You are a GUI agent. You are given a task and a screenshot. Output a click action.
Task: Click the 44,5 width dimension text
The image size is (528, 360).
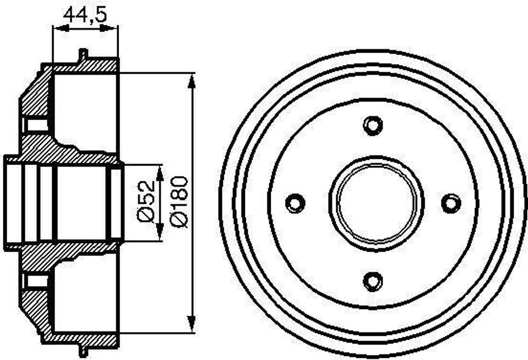(86, 14)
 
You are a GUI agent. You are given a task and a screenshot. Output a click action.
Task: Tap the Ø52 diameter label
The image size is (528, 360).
(146, 201)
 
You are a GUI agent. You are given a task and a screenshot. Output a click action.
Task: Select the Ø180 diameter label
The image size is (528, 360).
(179, 201)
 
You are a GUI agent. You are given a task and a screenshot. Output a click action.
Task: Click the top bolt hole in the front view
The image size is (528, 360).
(373, 125)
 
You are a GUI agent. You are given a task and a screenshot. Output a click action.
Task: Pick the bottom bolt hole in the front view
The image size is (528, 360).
(373, 281)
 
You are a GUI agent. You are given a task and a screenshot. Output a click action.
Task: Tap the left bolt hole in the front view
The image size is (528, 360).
(295, 203)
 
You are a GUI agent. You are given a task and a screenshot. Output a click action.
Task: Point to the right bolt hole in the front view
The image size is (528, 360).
(451, 203)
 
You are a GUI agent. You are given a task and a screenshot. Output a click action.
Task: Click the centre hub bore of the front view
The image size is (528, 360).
(376, 204)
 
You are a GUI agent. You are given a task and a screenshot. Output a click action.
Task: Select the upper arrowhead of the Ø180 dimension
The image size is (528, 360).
(192, 82)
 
